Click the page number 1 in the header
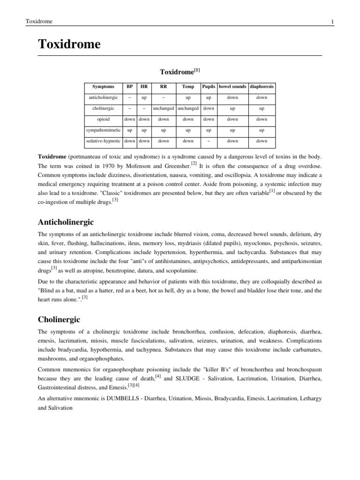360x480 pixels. click(332, 22)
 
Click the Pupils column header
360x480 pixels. click(209, 87)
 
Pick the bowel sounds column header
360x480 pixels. click(232, 87)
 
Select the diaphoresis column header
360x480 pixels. click(262, 87)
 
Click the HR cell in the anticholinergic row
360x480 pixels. click(144, 97)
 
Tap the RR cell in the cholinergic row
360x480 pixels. click(164, 108)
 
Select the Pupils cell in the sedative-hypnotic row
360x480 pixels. click(209, 141)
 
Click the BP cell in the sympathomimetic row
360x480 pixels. click(129, 130)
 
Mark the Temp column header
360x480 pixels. click(188, 87)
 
